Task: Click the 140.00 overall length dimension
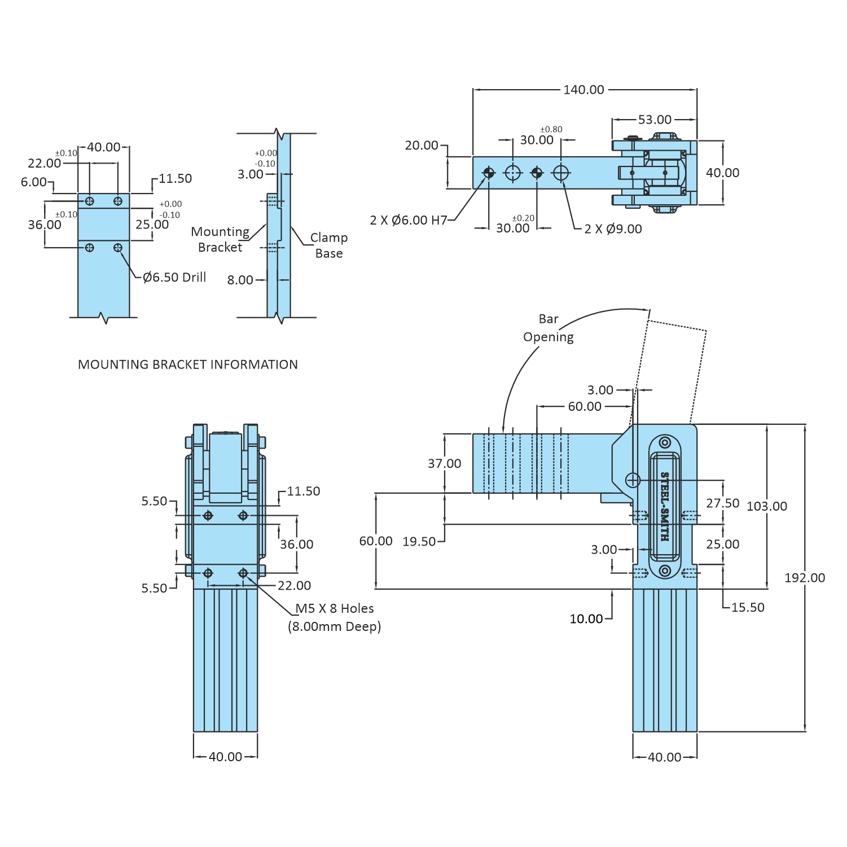pos(583,90)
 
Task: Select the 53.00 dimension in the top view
pos(655,120)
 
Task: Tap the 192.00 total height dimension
pos(804,578)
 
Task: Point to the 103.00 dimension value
pos(766,506)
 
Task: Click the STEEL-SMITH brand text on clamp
pos(665,506)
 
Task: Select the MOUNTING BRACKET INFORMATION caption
pos(187,365)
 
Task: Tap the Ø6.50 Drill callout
pos(174,277)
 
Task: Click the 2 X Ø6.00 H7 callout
pos(408,220)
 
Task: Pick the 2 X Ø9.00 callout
pos(613,229)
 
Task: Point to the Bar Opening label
pos(548,328)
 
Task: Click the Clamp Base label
pos(329,245)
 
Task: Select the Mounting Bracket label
pos(220,239)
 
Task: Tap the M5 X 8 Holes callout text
pos(335,608)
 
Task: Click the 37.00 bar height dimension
pos(444,463)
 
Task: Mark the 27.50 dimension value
pos(722,503)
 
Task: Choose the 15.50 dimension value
pos(747,607)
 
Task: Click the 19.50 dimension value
pos(419,542)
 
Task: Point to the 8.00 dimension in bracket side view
pos(240,280)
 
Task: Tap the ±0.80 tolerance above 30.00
pos(551,129)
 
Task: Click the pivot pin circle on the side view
pos(633,480)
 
